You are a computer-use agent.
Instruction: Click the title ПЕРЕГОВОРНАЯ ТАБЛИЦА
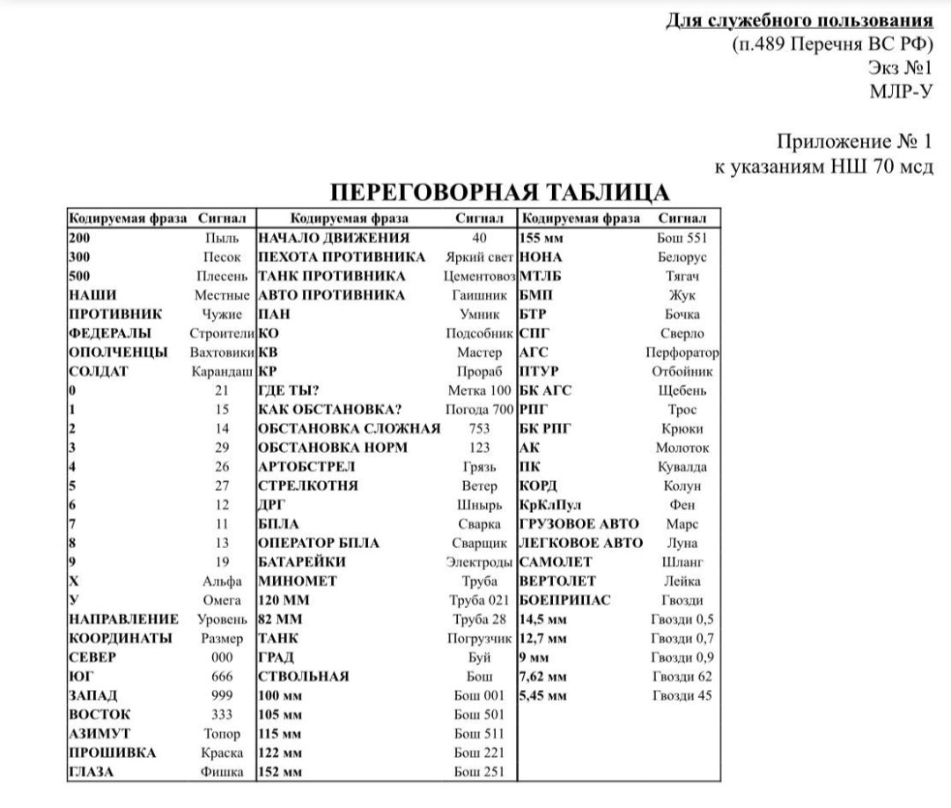(499, 194)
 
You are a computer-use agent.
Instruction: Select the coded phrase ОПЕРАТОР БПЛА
(319, 543)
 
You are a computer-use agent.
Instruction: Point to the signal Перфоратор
(682, 352)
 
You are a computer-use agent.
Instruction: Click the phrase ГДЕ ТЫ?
(288, 390)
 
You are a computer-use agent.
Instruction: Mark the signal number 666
(222, 677)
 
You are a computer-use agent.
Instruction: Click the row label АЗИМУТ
(100, 734)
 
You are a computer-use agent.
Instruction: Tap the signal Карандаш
(222, 372)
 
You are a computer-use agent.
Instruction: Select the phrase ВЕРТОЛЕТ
(557, 582)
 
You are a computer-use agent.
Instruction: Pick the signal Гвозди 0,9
(682, 657)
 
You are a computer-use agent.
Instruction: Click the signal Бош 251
(480, 772)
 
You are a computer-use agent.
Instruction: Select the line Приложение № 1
(853, 141)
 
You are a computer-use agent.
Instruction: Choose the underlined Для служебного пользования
(798, 20)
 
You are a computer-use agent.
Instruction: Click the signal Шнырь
(480, 505)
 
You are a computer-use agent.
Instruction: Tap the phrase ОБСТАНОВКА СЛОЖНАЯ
(349, 429)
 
